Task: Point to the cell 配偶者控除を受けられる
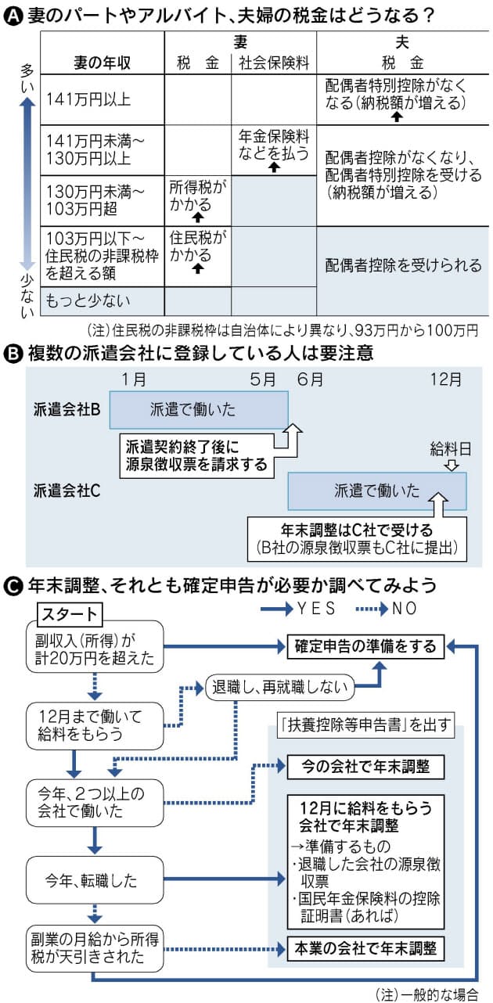point(403,265)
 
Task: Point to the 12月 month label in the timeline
point(446,379)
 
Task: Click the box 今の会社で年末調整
point(365,764)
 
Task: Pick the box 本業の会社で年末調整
point(365,949)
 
